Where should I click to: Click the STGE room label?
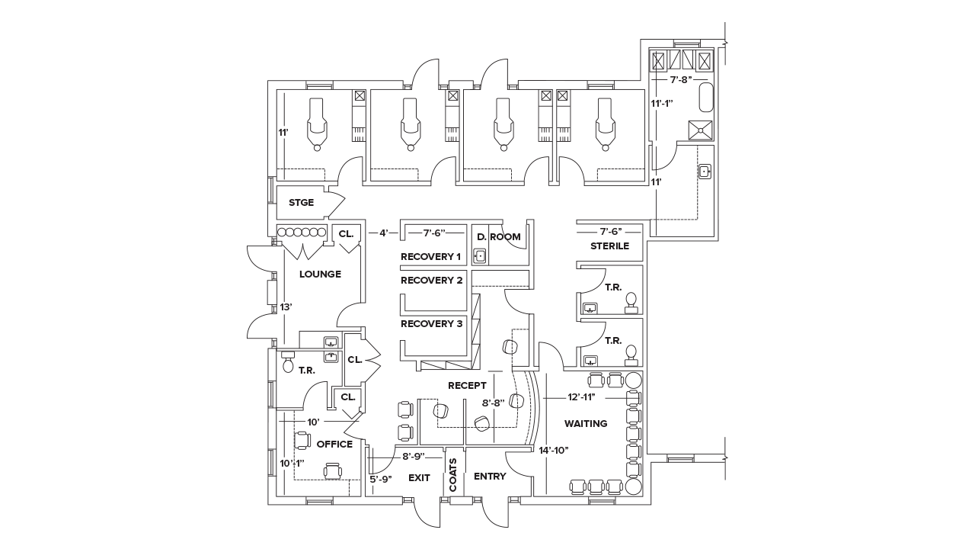(301, 203)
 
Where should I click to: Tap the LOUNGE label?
(320, 274)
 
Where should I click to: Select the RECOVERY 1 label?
(431, 257)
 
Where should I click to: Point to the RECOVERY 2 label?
(431, 281)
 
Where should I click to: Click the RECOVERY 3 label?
(431, 323)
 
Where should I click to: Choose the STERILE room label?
(610, 246)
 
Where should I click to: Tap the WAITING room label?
(586, 423)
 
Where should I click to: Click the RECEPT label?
(467, 386)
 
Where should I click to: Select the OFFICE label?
(334, 444)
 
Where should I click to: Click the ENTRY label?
(490, 477)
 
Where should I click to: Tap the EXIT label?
(419, 478)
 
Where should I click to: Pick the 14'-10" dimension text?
(553, 450)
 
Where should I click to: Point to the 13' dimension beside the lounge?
(286, 307)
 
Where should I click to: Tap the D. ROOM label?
(499, 237)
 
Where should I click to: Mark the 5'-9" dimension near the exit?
(381, 479)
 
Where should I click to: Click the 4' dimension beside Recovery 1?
(385, 232)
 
